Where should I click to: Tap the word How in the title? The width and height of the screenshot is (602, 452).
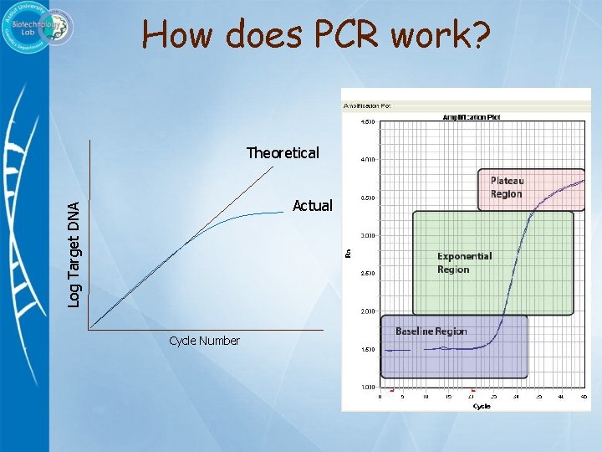174,34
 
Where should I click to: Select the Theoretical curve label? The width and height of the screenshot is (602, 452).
283,153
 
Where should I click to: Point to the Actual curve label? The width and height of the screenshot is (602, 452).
312,206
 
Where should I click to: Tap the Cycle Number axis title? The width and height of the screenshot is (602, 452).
204,341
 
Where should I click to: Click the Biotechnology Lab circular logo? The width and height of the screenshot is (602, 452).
37,28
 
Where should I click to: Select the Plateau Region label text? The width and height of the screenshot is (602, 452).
506,187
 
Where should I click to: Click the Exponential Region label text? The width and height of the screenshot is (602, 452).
464,263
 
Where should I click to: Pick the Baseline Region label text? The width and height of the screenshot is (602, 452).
431,331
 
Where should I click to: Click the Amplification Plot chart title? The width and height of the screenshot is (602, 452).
472,117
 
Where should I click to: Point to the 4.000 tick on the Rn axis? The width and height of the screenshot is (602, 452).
368,159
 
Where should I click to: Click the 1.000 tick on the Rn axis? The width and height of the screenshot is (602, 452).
368,388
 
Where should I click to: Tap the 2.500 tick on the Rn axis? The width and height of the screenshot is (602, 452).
368,274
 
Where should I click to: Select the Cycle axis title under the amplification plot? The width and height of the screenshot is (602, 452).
482,406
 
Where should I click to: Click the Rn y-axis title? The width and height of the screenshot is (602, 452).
348,252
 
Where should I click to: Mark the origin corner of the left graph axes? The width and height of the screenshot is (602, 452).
90,328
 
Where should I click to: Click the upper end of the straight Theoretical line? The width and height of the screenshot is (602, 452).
273,168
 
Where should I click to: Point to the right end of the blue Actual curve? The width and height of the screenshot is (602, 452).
284,213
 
